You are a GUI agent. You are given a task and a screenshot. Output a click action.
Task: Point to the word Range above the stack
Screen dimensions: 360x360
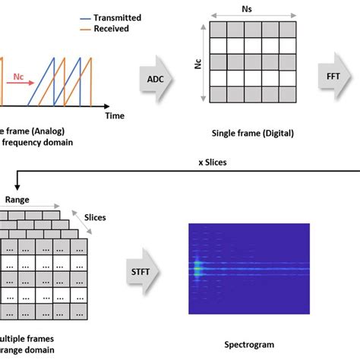17,200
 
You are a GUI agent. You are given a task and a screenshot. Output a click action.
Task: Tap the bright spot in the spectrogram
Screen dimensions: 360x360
197,267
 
